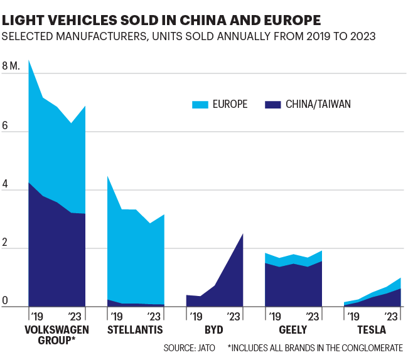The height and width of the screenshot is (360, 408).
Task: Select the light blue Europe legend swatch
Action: [x=201, y=104]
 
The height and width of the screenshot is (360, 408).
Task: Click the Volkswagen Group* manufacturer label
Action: [x=56, y=335]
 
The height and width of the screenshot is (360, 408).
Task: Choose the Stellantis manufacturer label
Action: [x=135, y=329]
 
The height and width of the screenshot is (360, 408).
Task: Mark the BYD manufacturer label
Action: [x=214, y=329]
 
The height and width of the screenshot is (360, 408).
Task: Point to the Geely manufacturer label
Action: [x=293, y=329]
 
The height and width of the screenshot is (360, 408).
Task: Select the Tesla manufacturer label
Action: [x=372, y=329]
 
